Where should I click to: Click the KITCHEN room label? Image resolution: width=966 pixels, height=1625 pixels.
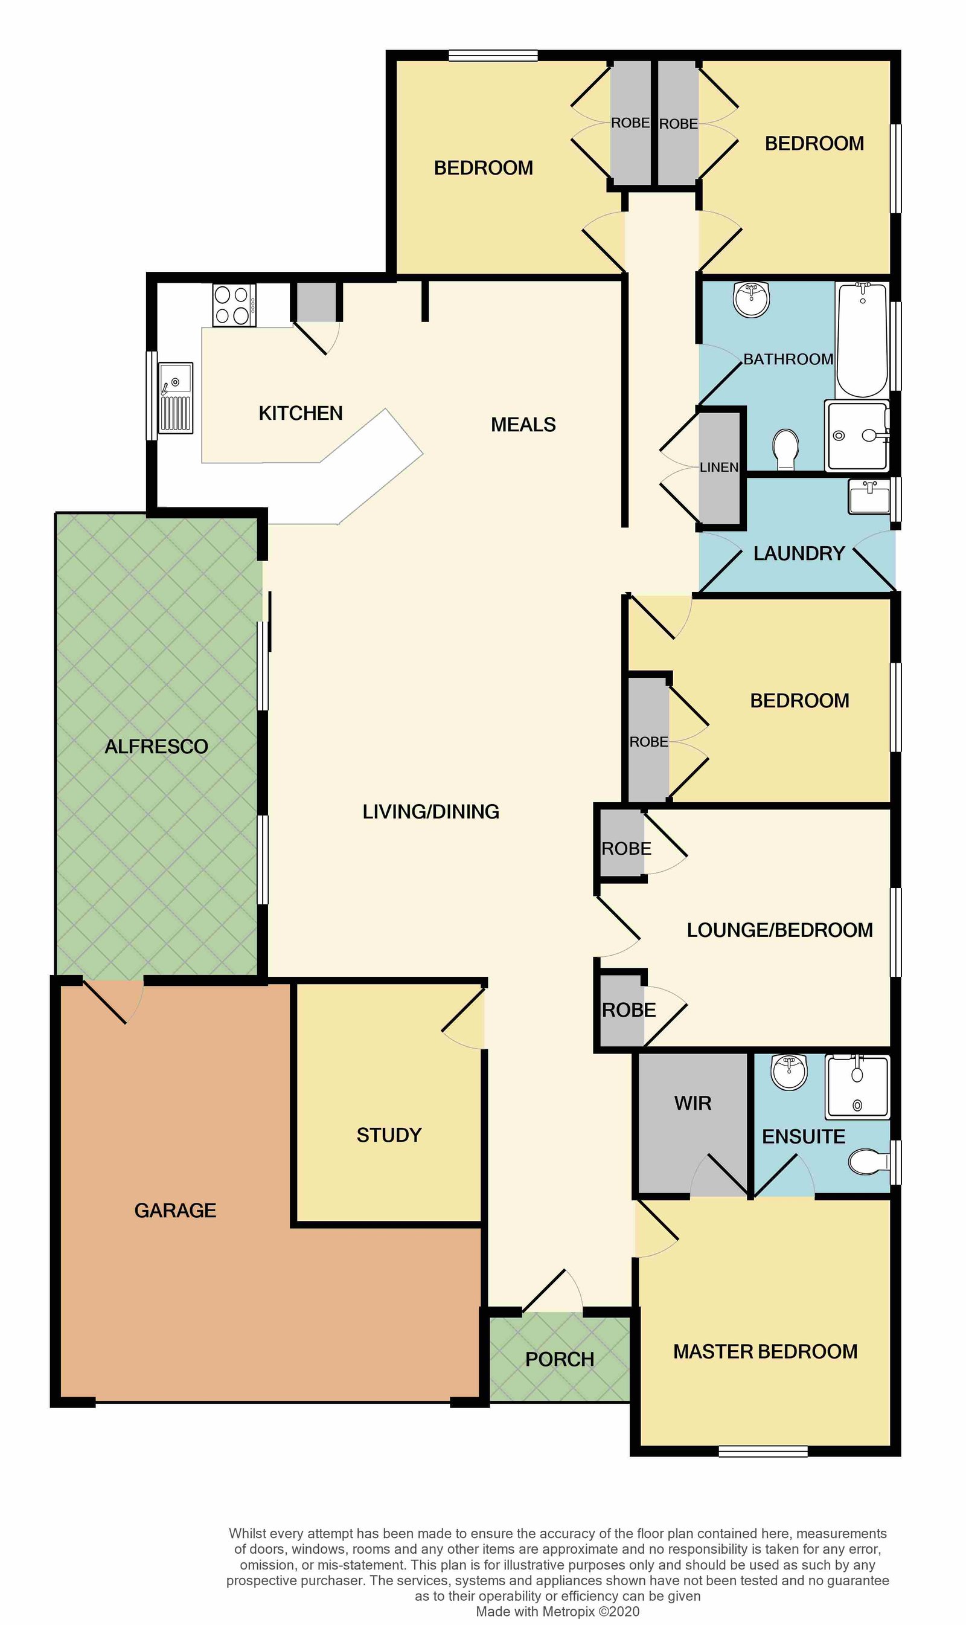pyautogui.click(x=300, y=413)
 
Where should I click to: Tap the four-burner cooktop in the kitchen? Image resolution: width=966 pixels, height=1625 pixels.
pyautogui.click(x=234, y=305)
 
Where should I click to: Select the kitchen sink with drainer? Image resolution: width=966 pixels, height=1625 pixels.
pyautogui.click(x=176, y=397)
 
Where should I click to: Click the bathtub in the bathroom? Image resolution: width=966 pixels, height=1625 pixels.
pyautogui.click(x=862, y=340)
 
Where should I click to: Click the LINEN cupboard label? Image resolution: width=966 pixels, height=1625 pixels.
pyautogui.click(x=718, y=467)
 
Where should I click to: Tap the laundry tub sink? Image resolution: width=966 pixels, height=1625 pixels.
pyautogui.click(x=869, y=497)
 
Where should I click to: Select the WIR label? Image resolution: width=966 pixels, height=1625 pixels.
pyautogui.click(x=693, y=1103)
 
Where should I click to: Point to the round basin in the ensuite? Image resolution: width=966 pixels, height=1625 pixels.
pyautogui.click(x=788, y=1072)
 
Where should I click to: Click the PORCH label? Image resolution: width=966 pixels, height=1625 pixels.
pyautogui.click(x=559, y=1359)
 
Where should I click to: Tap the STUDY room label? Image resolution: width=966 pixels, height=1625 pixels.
pyautogui.click(x=389, y=1134)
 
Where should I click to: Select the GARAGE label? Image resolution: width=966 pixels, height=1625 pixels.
pyautogui.click(x=175, y=1210)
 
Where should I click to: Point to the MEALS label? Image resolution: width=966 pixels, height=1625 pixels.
pyautogui.click(x=523, y=425)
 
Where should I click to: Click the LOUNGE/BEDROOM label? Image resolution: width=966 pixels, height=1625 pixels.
pyautogui.click(x=779, y=930)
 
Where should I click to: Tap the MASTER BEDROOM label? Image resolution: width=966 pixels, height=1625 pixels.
pyautogui.click(x=765, y=1351)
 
